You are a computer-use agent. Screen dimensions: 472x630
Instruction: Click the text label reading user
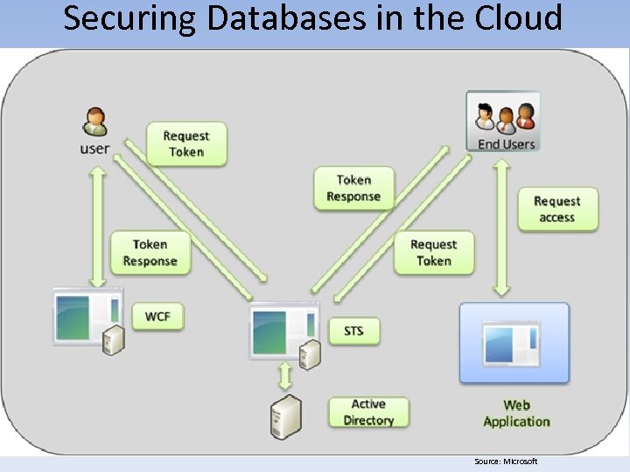click(94, 149)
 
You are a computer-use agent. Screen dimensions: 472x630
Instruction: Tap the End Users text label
click(506, 144)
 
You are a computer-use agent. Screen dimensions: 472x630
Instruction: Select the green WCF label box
click(157, 316)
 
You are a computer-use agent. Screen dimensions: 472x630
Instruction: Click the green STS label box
click(353, 330)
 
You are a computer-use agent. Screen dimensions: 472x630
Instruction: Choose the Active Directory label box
click(368, 413)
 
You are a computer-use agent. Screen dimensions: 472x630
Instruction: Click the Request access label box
click(556, 209)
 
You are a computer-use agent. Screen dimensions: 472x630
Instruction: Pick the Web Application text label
click(516, 413)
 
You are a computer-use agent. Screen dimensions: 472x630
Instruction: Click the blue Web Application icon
click(514, 343)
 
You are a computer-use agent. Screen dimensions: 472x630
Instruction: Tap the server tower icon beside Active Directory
click(285, 415)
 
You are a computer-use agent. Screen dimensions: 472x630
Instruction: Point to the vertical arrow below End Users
click(502, 226)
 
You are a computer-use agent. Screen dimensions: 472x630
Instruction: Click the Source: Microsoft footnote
click(506, 462)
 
